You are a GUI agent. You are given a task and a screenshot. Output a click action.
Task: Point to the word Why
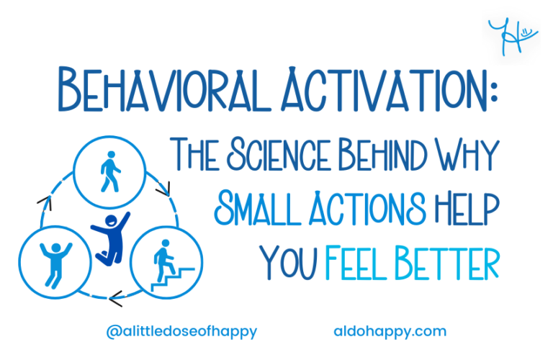467,153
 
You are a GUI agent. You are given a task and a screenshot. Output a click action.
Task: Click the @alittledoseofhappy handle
181,332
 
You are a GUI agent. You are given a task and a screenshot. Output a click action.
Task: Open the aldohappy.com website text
390,332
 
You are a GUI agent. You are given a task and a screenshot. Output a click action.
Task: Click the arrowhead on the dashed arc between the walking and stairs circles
165,190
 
